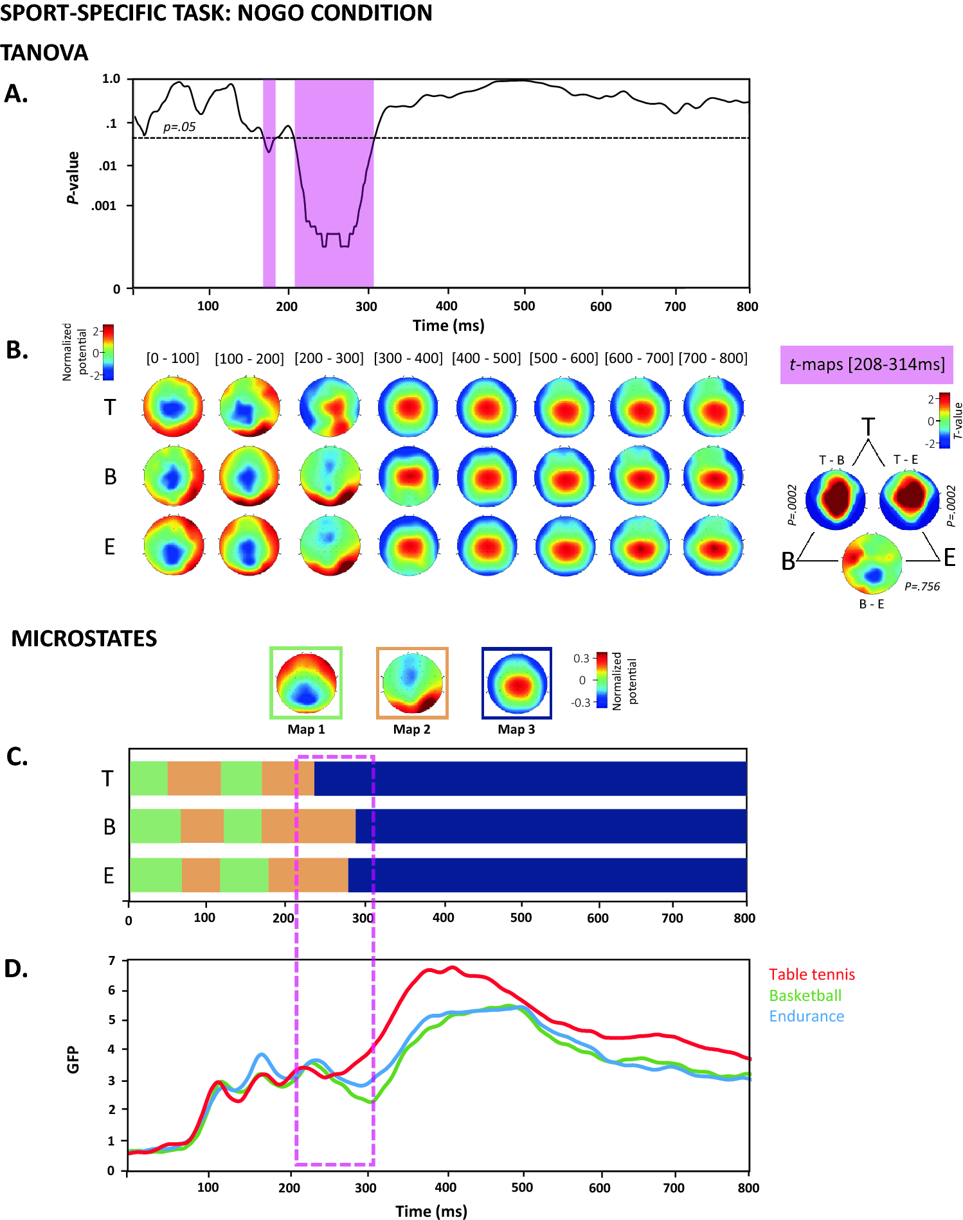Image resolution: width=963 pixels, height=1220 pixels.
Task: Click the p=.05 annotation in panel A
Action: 179,127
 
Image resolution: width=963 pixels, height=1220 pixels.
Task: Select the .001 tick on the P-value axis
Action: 104,206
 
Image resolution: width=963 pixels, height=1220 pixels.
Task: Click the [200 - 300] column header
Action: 328,358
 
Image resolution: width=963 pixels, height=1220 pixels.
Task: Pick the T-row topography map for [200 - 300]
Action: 329,407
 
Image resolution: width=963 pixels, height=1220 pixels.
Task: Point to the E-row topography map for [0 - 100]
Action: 174,545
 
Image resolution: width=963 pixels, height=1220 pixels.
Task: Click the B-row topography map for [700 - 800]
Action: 714,477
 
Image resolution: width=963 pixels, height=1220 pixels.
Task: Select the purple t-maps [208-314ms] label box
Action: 866,364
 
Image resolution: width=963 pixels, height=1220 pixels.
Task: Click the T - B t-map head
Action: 835,499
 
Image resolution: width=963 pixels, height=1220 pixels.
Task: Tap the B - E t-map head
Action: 872,563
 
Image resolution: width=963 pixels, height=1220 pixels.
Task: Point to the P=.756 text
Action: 922,587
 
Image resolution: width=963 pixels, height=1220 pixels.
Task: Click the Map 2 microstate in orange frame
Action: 412,683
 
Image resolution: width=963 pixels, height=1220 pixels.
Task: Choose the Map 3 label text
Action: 516,729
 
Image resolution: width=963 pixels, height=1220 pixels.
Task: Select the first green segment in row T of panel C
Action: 148,779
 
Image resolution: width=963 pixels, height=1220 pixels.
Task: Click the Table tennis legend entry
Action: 811,975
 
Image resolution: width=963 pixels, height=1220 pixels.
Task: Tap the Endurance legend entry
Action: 806,1016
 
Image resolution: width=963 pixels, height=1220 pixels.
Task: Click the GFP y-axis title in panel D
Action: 73,1059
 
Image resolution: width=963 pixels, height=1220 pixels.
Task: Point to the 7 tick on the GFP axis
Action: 112,960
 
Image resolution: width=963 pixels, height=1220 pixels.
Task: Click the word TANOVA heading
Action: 44,53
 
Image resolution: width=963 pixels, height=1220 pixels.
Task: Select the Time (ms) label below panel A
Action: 448,325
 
